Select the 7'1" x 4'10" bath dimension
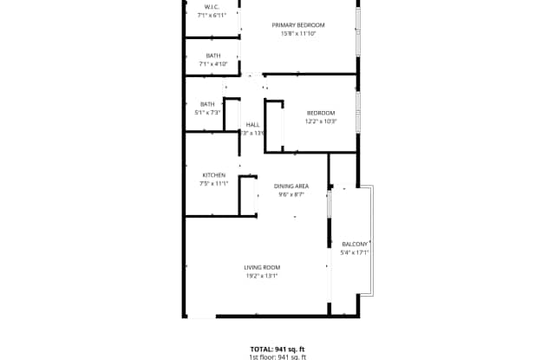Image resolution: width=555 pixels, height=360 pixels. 212,63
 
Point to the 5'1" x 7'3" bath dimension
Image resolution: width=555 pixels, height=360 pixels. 207,112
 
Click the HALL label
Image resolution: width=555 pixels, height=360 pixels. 252,125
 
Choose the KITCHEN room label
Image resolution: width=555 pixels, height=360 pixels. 213,175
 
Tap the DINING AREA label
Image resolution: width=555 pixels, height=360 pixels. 291,187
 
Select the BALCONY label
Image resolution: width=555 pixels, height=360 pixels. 356,244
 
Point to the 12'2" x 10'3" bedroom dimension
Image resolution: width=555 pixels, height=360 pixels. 320,121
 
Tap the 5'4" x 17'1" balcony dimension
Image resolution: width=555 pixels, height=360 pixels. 356,252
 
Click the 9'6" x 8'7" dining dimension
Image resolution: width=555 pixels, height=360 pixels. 291,195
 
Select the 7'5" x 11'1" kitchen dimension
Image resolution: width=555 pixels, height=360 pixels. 213,184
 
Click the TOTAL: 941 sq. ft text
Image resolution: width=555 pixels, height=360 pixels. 277,349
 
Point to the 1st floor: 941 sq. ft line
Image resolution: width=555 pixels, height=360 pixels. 277,357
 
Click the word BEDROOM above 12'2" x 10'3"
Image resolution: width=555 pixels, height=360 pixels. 320,113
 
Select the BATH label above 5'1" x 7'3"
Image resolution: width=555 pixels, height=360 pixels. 207,104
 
